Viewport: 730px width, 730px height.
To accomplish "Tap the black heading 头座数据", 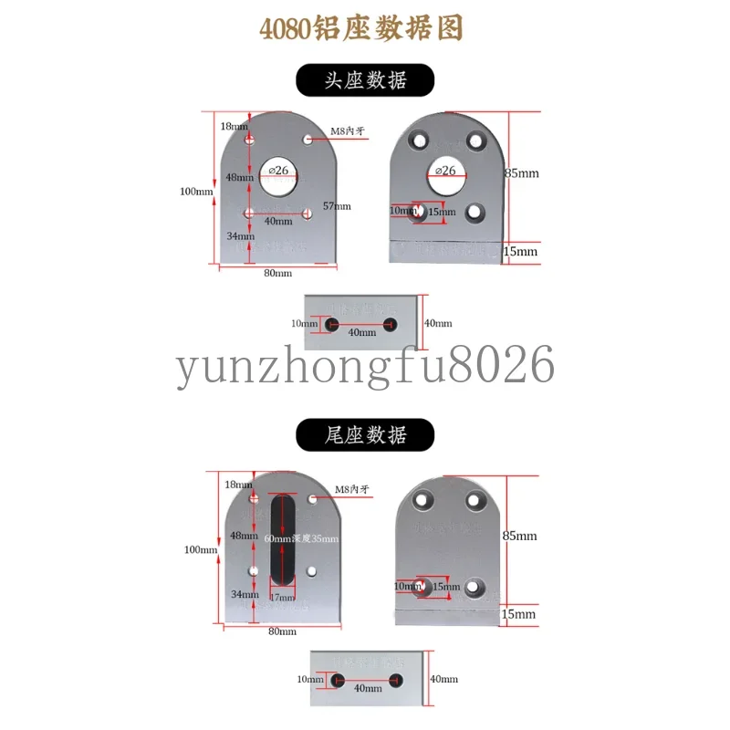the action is coord(365,80).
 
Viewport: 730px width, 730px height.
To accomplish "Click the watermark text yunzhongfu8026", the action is coord(365,366).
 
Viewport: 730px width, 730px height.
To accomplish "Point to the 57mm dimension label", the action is coord(336,206).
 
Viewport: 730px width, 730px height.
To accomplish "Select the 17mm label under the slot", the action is coord(283,598).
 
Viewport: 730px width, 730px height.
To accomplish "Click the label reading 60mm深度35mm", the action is coord(300,539).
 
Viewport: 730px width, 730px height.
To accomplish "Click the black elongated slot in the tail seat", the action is coord(283,539).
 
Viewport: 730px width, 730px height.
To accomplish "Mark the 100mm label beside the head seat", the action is coord(196,192).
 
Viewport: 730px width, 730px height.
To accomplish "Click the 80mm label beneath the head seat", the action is coord(277,273).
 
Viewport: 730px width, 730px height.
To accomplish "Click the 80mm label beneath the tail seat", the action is coord(282,631).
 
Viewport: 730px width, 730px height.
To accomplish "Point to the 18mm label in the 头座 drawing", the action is coord(233,126).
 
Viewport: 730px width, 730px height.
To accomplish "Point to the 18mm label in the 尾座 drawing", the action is coord(238,484).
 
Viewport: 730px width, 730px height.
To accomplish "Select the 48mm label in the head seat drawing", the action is coord(239,177).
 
